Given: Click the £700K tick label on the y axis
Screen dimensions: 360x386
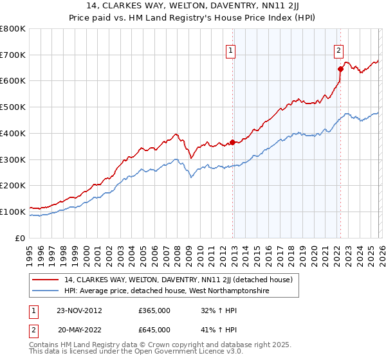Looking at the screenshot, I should tap(13, 55).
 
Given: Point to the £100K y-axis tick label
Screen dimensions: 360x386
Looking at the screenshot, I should tap(13, 212).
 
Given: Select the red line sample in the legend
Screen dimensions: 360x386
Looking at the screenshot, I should tap(46, 280).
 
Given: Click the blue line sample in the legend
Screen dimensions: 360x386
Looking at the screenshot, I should tap(46, 291).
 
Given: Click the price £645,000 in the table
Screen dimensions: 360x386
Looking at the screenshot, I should tap(154, 329).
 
